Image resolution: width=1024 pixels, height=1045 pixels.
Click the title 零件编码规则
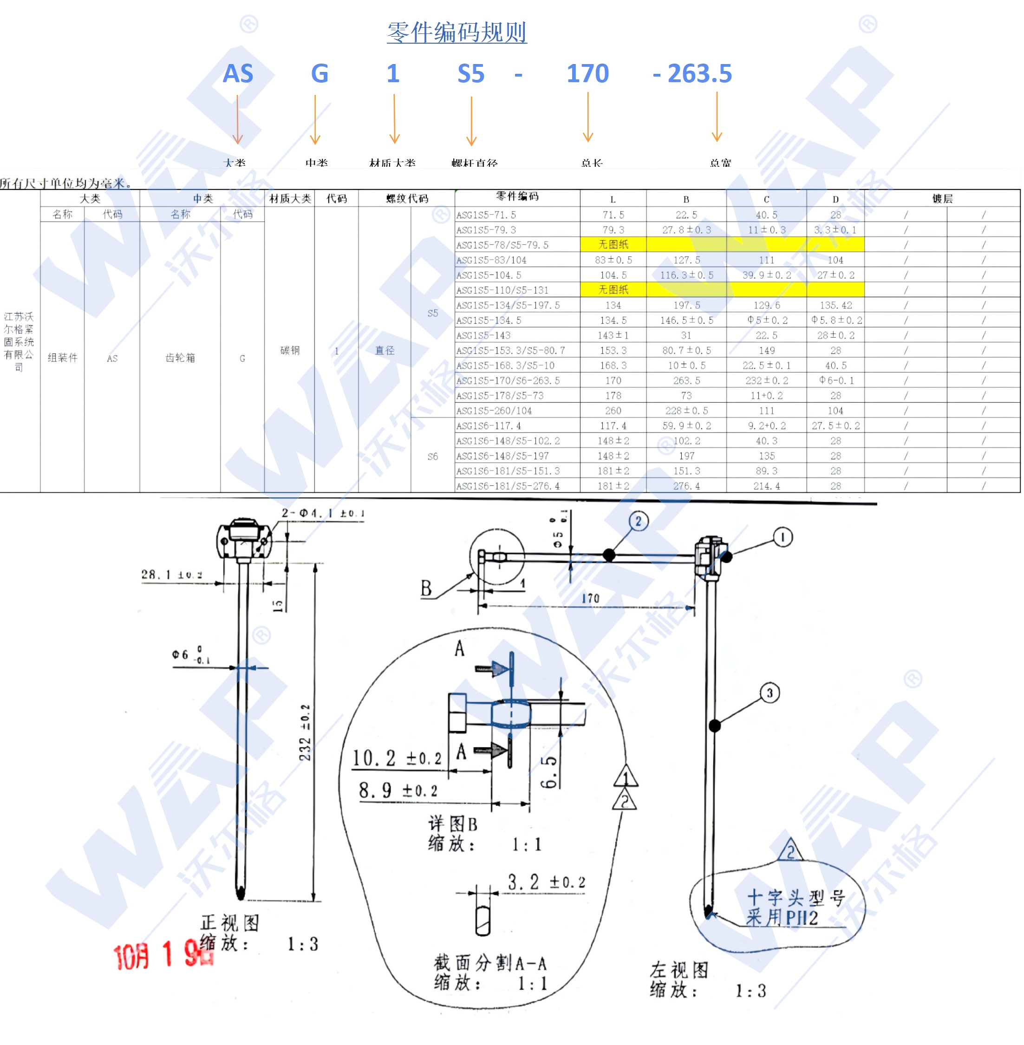coord(457,32)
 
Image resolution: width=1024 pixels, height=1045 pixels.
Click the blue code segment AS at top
coord(238,74)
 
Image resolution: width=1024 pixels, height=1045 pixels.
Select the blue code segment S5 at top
coord(470,74)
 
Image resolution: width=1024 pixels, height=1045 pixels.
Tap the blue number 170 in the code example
coord(587,74)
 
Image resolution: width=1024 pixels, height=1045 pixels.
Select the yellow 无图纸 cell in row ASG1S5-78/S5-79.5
coord(613,245)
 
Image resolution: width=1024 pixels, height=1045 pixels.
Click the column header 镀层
coord(942,198)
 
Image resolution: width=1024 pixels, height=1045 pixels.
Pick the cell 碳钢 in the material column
coord(290,351)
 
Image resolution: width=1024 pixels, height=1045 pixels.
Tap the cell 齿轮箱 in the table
coord(180,358)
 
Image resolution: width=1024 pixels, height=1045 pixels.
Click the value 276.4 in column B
coord(686,486)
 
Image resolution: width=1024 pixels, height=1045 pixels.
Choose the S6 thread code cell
coord(432,457)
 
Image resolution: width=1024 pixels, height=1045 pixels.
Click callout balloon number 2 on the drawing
coord(639,521)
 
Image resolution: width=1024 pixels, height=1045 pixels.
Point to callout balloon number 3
coord(770,693)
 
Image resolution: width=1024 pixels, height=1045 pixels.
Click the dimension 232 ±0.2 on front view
coord(305,732)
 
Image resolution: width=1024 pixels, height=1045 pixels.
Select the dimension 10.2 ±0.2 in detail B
coord(397,758)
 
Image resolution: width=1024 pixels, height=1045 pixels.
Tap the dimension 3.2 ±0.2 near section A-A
coord(546,882)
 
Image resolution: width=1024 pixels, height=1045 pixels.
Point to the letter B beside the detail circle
coord(426,588)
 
